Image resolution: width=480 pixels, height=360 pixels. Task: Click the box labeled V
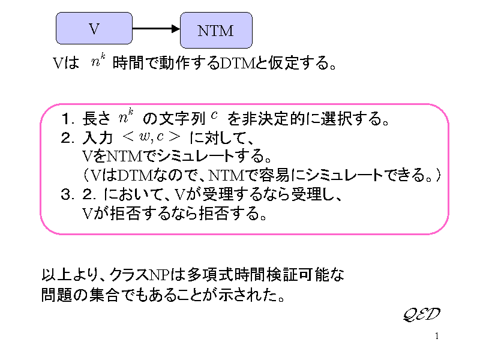94,28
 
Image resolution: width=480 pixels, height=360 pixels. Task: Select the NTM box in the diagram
216,30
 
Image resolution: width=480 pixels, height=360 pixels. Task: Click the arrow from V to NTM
156,28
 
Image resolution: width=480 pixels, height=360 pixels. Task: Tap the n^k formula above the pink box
98,61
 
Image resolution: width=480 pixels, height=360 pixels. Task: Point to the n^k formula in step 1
126,115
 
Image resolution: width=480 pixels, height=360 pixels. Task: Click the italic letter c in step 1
214,115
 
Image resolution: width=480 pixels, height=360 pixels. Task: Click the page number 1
437,335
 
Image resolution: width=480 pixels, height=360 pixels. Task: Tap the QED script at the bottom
421,314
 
